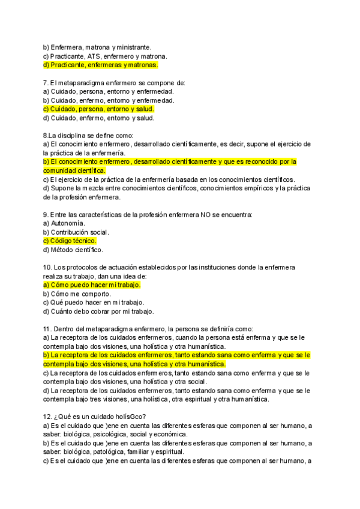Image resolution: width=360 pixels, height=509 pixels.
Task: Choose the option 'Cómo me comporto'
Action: coord(77,294)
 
